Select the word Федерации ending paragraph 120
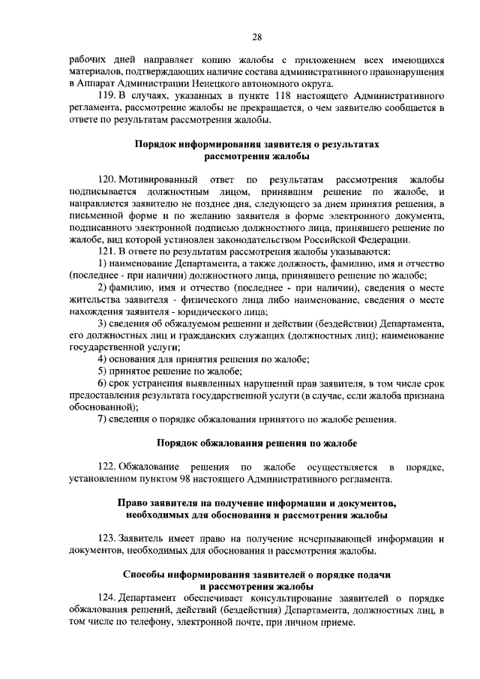pyautogui.click(x=383, y=239)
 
